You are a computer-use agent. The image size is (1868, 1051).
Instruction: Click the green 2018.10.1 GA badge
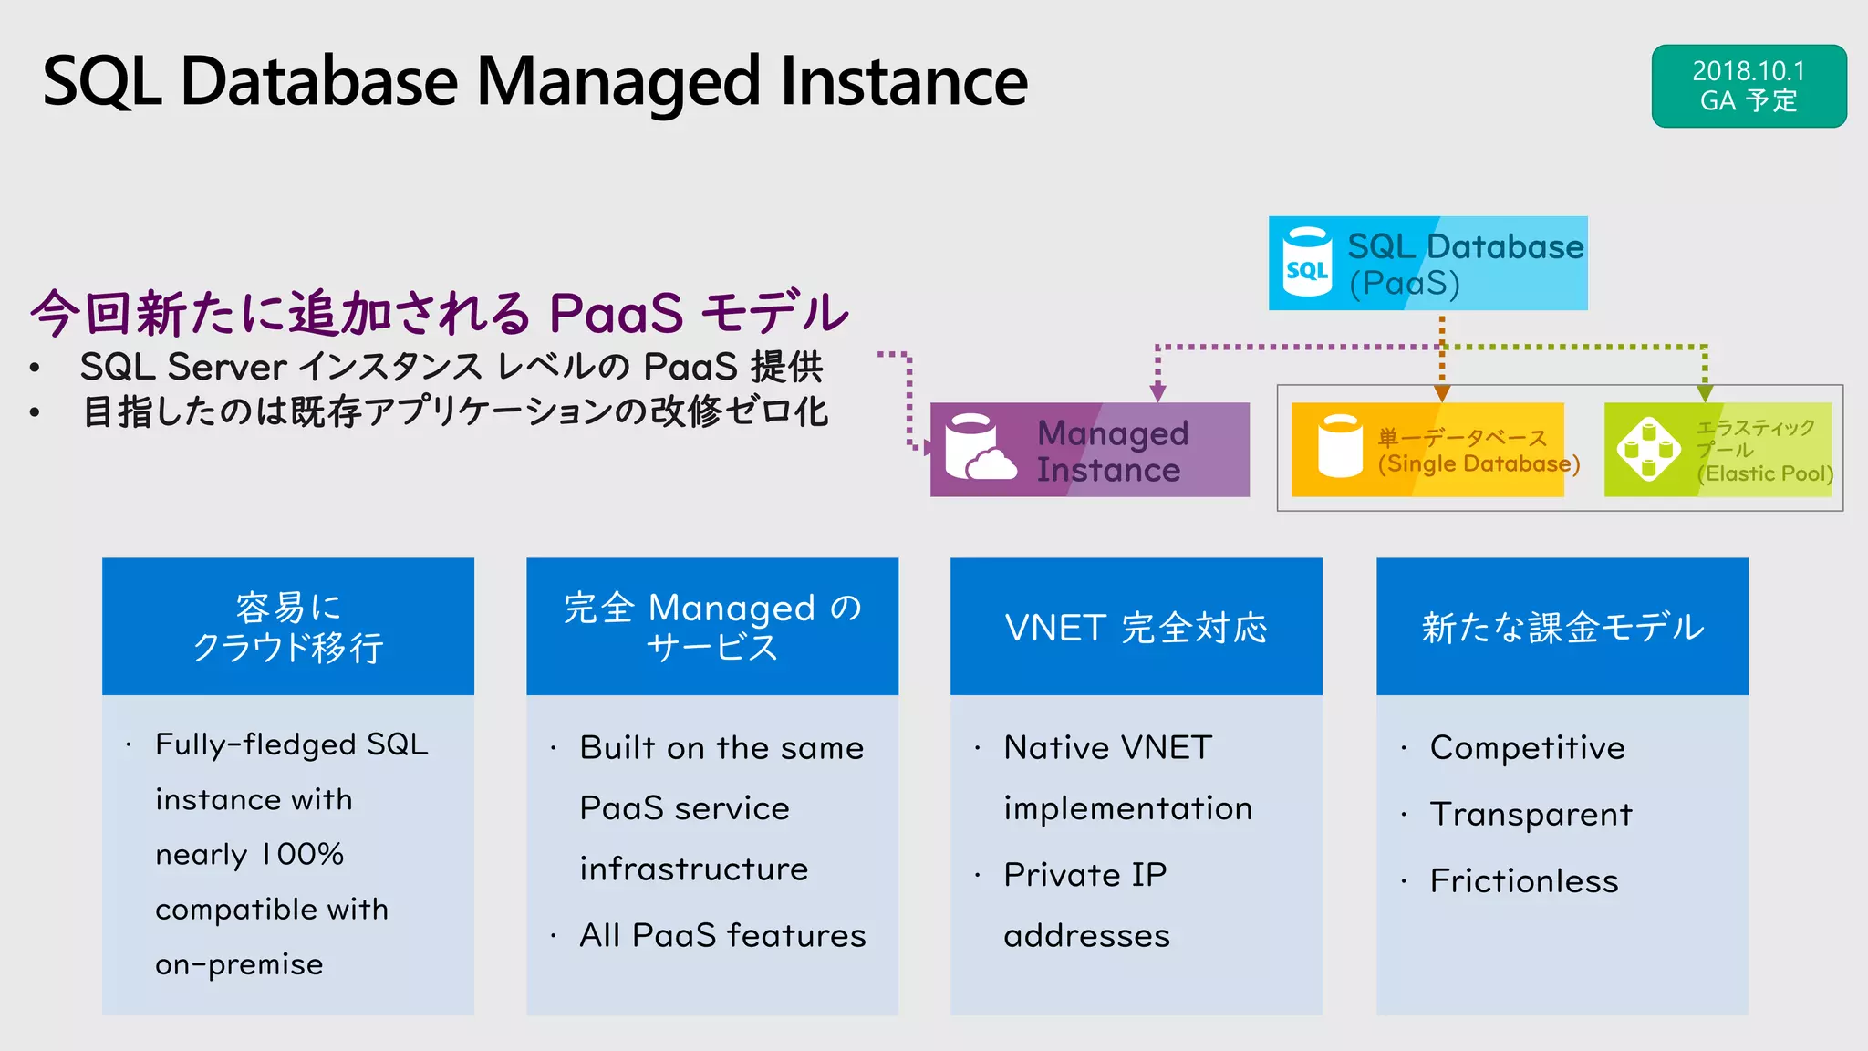(1749, 86)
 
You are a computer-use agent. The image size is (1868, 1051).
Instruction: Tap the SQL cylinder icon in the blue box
(1307, 263)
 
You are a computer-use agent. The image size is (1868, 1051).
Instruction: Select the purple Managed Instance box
(1090, 450)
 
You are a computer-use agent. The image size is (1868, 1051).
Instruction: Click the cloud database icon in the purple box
(979, 448)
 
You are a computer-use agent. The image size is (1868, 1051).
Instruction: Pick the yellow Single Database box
(1427, 450)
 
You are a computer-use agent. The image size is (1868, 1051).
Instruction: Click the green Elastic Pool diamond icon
(1648, 449)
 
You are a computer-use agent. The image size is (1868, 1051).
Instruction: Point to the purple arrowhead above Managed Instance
(1157, 393)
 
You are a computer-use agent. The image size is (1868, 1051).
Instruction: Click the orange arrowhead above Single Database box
(1442, 393)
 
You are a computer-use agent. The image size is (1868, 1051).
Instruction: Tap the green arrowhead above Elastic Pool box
(1705, 393)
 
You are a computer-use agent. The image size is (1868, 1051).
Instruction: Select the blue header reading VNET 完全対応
(1136, 627)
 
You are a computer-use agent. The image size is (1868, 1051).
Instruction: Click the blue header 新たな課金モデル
(1562, 627)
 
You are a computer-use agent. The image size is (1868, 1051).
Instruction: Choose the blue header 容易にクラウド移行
(287, 627)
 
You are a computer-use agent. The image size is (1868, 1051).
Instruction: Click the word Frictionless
(1523, 881)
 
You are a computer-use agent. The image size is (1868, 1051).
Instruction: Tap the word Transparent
(1531, 814)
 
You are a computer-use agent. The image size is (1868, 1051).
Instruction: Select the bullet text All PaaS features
(722, 935)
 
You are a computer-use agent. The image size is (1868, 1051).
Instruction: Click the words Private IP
(1084, 875)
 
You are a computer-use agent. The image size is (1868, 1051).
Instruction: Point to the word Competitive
(1527, 748)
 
